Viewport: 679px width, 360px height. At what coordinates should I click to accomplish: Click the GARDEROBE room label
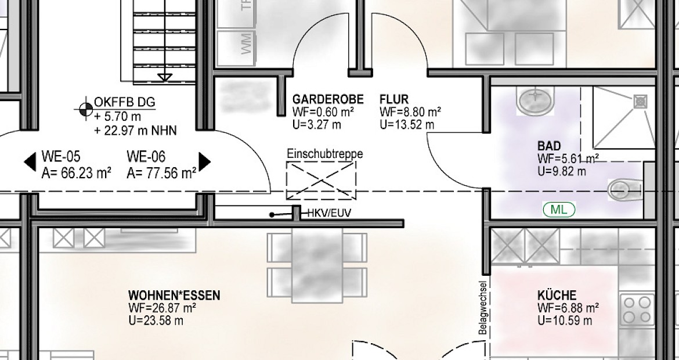(x=328, y=100)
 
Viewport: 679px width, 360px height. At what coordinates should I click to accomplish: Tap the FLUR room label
(x=394, y=100)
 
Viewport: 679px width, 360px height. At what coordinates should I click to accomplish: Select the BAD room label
(x=549, y=146)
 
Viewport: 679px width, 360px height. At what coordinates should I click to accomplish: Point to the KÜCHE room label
(x=557, y=296)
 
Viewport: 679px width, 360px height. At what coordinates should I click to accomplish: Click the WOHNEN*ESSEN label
(x=174, y=296)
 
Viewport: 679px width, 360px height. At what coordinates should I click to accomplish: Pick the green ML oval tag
(x=559, y=210)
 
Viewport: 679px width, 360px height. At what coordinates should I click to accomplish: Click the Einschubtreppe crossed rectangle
(x=321, y=180)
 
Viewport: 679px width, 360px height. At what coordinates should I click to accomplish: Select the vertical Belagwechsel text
(x=483, y=308)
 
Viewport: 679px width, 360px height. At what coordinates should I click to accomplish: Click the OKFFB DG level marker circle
(x=86, y=109)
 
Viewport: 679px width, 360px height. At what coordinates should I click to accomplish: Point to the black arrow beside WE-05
(x=30, y=162)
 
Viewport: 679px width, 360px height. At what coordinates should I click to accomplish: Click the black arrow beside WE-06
(x=204, y=161)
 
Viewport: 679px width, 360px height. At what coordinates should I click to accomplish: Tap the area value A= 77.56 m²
(x=161, y=173)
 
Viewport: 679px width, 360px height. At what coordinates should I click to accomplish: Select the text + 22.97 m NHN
(x=136, y=130)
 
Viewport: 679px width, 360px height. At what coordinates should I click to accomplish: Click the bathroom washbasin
(x=535, y=100)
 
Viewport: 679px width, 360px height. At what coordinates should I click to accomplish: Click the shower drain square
(x=641, y=102)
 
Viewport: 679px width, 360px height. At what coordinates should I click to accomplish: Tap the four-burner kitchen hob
(x=637, y=309)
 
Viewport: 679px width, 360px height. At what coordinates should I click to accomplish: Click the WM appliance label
(x=246, y=44)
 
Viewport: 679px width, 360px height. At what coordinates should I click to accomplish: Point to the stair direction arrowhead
(x=165, y=78)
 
